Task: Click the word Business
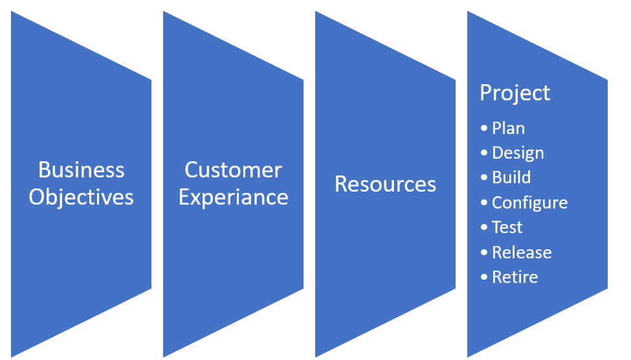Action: click(82, 170)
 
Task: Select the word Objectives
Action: click(81, 198)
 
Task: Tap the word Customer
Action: click(233, 170)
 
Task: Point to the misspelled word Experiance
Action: click(234, 198)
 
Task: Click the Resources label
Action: click(385, 184)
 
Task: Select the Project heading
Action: click(515, 94)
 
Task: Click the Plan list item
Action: click(508, 128)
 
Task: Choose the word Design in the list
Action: click(518, 153)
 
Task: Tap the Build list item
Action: click(511, 177)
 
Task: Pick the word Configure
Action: click(529, 203)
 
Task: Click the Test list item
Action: click(507, 227)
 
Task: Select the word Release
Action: click(522, 253)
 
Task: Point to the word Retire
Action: click(515, 277)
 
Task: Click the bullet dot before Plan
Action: click(484, 128)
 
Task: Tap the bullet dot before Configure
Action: click(484, 203)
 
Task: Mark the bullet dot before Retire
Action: click(484, 277)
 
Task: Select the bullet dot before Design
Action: click(484, 153)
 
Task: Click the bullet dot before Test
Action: click(484, 227)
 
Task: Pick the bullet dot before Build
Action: click(484, 177)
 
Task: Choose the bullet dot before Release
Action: click(484, 253)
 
